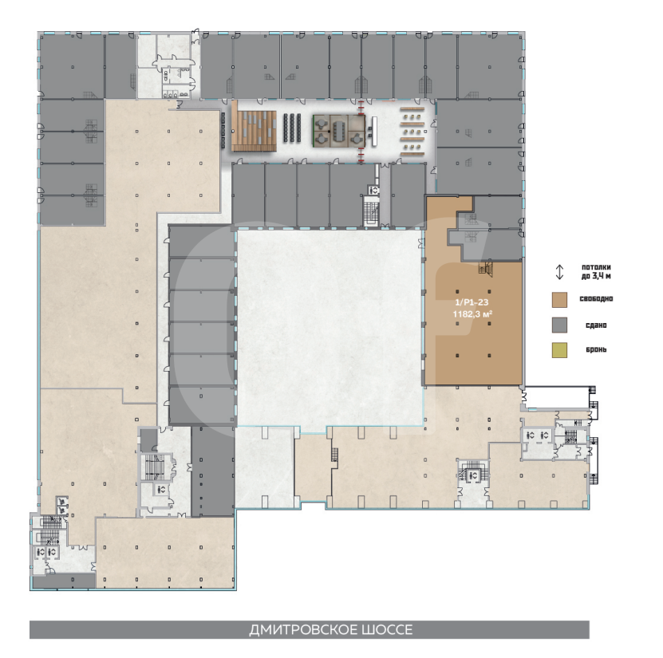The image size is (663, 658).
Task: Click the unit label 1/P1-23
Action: pos(472,302)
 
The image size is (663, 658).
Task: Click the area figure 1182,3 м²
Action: pos(472,314)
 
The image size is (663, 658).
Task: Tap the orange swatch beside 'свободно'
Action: pos(559,299)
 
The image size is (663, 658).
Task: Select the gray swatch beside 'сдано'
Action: pos(559,325)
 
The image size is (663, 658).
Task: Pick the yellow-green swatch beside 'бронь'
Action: pos(559,350)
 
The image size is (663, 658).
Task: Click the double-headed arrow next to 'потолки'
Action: pos(559,272)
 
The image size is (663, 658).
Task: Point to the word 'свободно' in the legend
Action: pos(596,299)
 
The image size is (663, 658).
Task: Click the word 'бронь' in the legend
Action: pos(596,349)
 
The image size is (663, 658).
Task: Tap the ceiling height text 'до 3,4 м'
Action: pos(596,277)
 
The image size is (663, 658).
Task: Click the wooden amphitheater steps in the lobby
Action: pos(254,131)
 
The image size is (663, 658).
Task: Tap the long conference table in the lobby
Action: pos(339,131)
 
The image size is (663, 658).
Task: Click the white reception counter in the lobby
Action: pos(374,132)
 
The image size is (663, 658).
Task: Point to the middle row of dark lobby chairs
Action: pos(292,128)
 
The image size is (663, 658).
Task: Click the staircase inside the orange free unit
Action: pos(485,269)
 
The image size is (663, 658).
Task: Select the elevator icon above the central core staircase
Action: pos(373,191)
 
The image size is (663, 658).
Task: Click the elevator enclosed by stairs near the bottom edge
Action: pos(473,476)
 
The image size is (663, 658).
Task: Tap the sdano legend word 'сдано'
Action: pos(596,325)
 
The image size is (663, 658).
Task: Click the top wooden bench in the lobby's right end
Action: pos(412,108)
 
